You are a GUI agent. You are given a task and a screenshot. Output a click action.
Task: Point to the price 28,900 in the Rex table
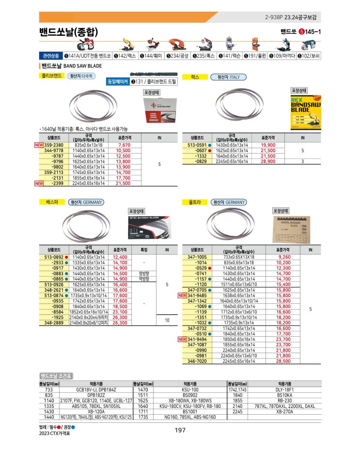tap(268, 161)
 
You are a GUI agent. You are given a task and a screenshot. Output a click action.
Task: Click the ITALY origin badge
tap(229, 77)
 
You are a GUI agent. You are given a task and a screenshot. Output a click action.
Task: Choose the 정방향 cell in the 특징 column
tap(144, 273)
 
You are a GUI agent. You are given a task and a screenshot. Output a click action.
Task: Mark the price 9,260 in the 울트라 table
tap(284, 257)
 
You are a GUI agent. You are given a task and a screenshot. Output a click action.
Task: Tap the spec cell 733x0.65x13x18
tap(237, 257)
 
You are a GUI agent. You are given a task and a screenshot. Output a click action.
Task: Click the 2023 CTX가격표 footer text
tap(54, 434)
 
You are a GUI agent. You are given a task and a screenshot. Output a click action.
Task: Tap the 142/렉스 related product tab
tap(125, 56)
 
